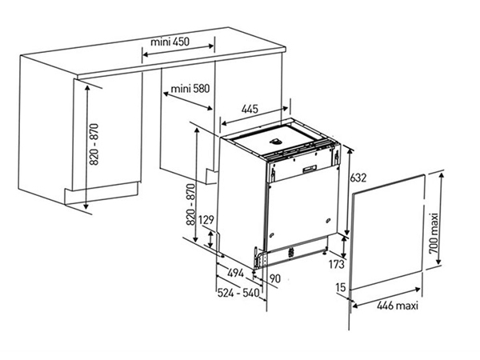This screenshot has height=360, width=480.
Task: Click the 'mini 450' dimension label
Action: point(170,42)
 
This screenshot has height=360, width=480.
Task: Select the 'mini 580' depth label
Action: point(190,89)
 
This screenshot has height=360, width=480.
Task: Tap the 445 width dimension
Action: point(250,109)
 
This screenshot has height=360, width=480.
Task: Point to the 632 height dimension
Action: point(358,178)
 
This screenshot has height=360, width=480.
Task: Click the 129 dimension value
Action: point(206,220)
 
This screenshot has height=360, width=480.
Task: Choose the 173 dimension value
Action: point(337,264)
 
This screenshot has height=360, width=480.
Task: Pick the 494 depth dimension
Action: point(236,273)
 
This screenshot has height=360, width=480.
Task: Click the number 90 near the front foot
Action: point(275,278)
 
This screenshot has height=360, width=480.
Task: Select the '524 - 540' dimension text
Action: point(238,293)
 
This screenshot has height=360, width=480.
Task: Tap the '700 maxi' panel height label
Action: point(434,234)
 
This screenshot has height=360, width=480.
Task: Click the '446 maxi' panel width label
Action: point(398,306)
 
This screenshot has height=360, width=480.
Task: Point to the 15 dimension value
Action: point(341,287)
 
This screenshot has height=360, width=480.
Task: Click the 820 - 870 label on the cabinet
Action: point(94,144)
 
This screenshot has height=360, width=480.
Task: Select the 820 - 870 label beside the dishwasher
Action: point(190,205)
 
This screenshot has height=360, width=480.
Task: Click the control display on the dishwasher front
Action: point(310,169)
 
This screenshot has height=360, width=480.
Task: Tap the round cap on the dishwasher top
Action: point(275,141)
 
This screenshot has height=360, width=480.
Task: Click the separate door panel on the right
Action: point(386,233)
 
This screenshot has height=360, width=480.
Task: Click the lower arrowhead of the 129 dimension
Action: point(210,245)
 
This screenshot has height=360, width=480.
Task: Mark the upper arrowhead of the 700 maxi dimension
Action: point(441,176)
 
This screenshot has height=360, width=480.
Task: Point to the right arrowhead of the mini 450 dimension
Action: point(211,46)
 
